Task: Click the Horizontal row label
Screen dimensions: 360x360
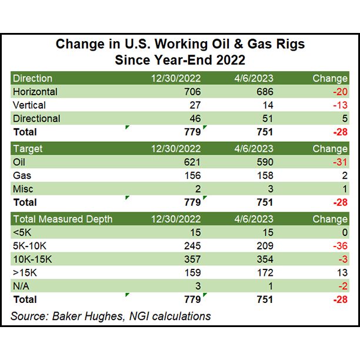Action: coord(35,92)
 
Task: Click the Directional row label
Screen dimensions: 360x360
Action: coord(36,118)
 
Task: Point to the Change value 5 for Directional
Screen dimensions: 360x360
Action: coord(344,118)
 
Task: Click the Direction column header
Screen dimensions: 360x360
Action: coord(33,78)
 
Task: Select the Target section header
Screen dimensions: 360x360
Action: coord(28,149)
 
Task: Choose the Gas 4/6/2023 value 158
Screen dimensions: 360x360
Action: coord(264,175)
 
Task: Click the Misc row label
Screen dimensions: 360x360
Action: coord(23,188)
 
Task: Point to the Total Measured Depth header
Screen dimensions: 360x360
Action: coord(62,219)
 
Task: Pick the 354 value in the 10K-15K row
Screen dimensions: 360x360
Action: coord(264,259)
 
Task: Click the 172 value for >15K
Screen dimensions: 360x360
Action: coord(264,272)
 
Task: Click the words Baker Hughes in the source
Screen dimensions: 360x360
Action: coord(83,316)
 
